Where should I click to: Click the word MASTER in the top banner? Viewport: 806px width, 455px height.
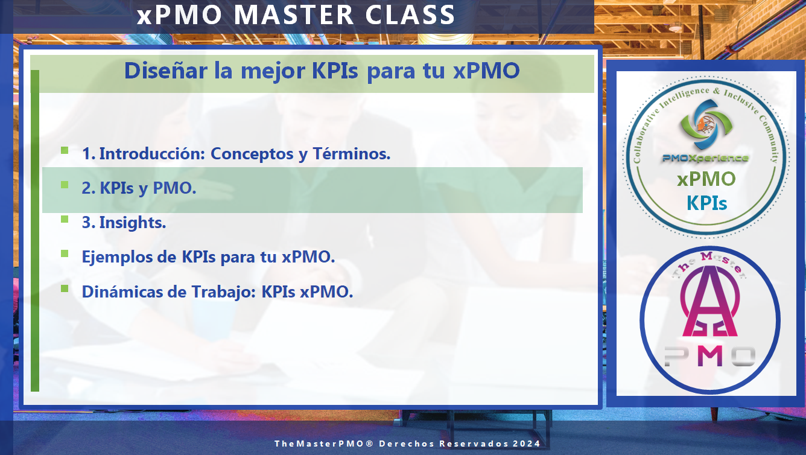[294, 15]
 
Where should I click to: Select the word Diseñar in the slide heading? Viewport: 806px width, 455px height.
[166, 71]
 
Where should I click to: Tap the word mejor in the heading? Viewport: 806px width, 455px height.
[273, 71]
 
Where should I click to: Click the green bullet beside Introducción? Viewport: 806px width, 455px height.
[65, 150]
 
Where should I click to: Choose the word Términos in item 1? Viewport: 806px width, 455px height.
[352, 154]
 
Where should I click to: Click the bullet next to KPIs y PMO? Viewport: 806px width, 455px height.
[65, 185]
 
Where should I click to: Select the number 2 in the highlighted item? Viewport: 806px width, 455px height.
[87, 188]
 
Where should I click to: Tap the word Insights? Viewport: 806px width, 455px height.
[133, 223]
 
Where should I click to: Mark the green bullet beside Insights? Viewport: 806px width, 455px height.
[65, 219]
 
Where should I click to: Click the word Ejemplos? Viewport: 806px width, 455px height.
[129, 258]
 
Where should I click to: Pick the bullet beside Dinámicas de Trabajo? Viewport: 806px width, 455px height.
[65, 288]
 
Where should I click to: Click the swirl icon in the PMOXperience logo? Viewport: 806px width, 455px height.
[706, 124]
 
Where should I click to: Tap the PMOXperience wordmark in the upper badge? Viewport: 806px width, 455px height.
[706, 157]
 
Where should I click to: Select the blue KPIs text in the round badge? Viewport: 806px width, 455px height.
[706, 203]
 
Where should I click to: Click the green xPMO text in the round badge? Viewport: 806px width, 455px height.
[706, 179]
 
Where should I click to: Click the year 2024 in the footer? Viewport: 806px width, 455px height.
[527, 444]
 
